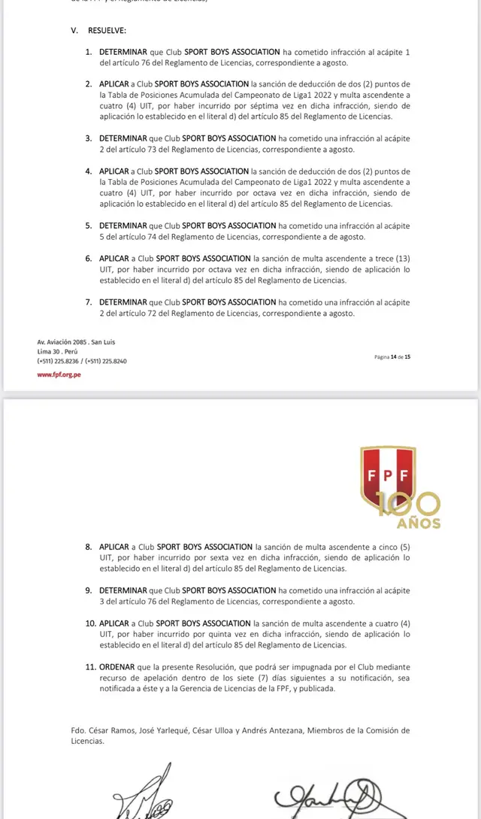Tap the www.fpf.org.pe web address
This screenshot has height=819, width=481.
point(59,375)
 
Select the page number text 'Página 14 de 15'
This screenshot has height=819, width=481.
point(392,356)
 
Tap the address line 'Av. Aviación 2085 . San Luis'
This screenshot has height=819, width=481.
point(76,342)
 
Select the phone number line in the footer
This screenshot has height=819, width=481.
point(82,361)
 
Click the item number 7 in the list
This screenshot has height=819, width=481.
point(89,302)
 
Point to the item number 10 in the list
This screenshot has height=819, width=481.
point(90,623)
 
